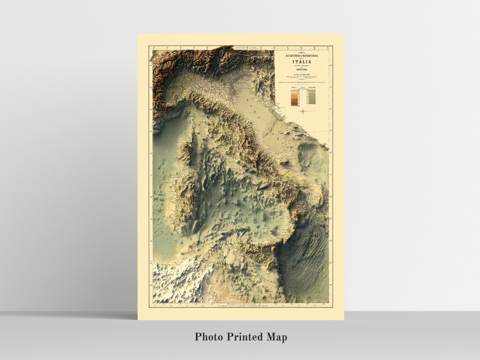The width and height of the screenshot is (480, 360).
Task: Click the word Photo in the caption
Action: [x=209, y=336]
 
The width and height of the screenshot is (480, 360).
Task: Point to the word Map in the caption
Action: [x=277, y=336]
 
